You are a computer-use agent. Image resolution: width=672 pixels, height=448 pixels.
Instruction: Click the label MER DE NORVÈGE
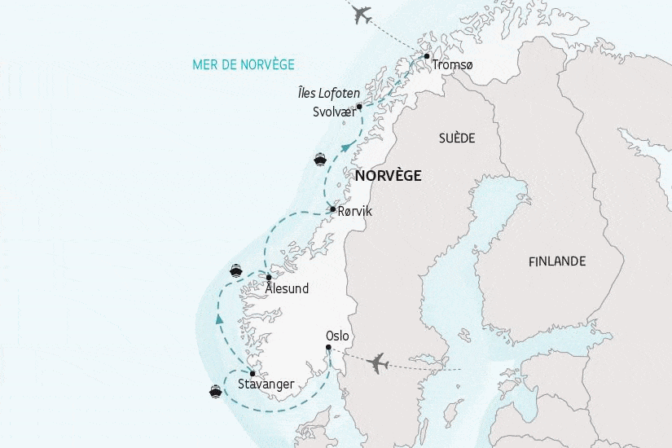[244, 64]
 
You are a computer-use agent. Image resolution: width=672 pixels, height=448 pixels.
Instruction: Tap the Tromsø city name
[453, 65]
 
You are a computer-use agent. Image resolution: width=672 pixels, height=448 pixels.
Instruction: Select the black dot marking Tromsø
[427, 56]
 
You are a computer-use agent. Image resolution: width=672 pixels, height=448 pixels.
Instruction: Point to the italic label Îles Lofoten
[329, 94]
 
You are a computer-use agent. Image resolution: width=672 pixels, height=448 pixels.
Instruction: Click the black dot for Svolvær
[359, 106]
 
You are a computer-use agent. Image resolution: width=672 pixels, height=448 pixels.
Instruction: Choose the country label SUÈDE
[456, 138]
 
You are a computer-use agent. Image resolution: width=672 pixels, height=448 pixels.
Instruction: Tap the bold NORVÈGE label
[388, 175]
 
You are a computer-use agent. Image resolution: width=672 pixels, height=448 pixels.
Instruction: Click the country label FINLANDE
[557, 261]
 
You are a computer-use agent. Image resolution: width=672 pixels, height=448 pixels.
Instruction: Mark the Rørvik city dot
[332, 209]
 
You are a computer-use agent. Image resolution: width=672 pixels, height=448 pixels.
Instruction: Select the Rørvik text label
[354, 211]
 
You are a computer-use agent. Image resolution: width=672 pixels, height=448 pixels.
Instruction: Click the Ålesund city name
[288, 289]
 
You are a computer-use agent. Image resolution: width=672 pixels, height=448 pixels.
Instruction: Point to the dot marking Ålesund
[269, 279]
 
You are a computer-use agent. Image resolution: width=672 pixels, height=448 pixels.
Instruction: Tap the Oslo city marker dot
[328, 349]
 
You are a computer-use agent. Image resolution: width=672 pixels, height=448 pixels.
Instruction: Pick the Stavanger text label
[266, 384]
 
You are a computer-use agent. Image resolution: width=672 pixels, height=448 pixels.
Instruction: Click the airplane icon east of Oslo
[378, 363]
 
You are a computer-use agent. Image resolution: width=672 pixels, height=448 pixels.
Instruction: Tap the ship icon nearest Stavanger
[215, 391]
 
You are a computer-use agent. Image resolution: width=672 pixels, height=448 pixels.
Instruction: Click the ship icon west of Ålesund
[236, 270]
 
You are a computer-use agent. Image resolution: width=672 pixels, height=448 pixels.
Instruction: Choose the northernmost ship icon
[319, 159]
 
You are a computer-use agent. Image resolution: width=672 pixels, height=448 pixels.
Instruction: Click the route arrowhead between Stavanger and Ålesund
[219, 319]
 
